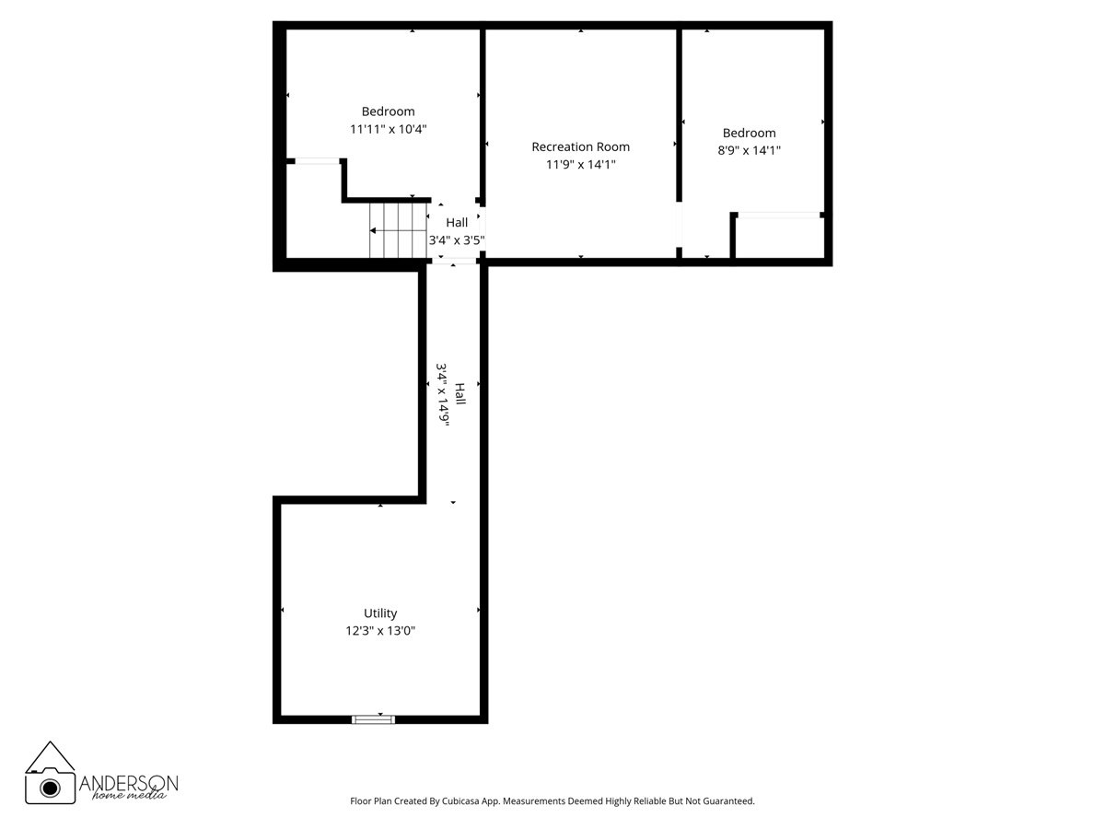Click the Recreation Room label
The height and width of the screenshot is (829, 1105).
tap(580, 146)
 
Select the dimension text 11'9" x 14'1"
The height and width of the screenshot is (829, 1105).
tap(580, 165)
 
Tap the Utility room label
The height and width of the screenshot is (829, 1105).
tap(380, 613)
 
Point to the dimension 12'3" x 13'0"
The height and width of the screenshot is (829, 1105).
tap(380, 631)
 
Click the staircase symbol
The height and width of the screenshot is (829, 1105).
tap(398, 230)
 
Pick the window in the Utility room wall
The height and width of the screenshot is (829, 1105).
tap(373, 718)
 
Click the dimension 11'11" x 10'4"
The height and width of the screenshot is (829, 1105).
tap(388, 130)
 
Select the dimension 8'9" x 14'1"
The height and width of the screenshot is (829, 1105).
tap(749, 150)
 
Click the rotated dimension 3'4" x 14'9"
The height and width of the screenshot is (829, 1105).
tap(443, 394)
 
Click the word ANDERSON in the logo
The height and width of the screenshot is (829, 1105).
tap(128, 782)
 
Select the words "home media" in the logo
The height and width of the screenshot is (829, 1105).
tap(128, 796)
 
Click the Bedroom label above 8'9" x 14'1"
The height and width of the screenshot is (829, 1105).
tap(749, 133)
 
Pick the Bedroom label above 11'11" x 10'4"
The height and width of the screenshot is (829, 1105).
tap(388, 111)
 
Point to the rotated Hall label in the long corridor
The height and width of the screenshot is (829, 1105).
tap(459, 394)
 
